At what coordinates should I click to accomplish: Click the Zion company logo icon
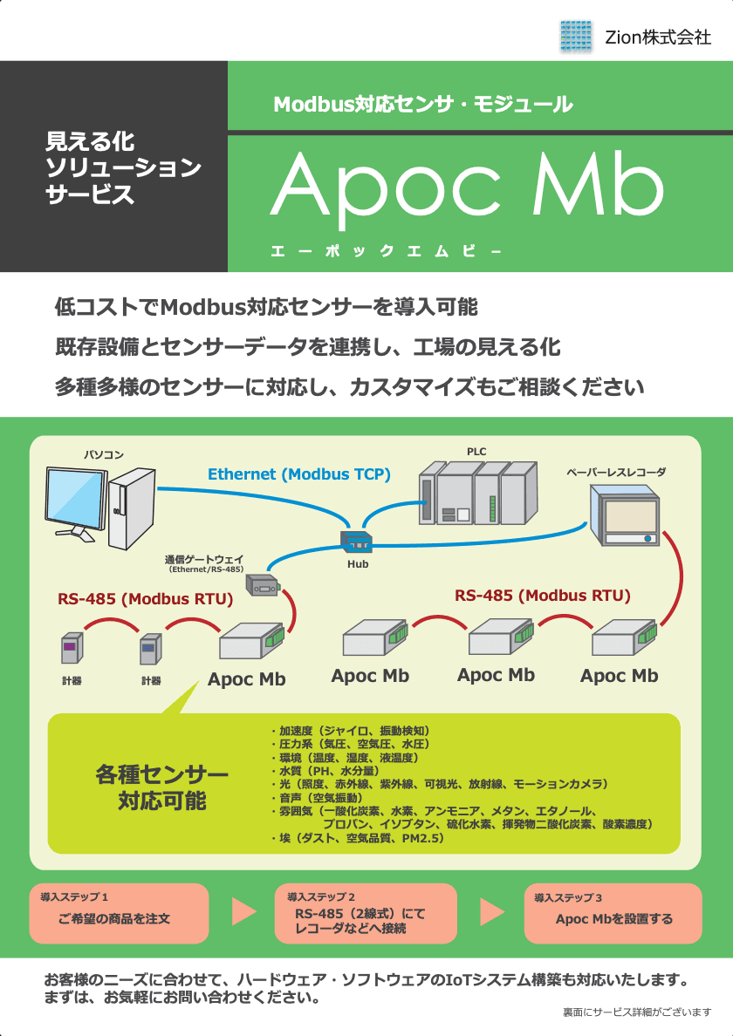coord(576,36)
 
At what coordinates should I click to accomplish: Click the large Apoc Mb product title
coord(467,185)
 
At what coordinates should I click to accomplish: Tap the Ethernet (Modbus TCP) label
coord(298,474)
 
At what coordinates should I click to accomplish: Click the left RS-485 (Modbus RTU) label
coord(145,599)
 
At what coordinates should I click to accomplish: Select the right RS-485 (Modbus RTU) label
coord(542,596)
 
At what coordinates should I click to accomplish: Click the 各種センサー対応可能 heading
coord(162,787)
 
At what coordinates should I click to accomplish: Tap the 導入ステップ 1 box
coord(120,913)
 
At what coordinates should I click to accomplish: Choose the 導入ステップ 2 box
coord(366,913)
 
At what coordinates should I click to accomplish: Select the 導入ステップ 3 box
coord(613,913)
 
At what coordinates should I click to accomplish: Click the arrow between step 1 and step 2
coord(243,911)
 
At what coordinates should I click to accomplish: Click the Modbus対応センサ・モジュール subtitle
coord(423,105)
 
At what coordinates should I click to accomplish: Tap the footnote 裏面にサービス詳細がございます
coord(637,1012)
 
